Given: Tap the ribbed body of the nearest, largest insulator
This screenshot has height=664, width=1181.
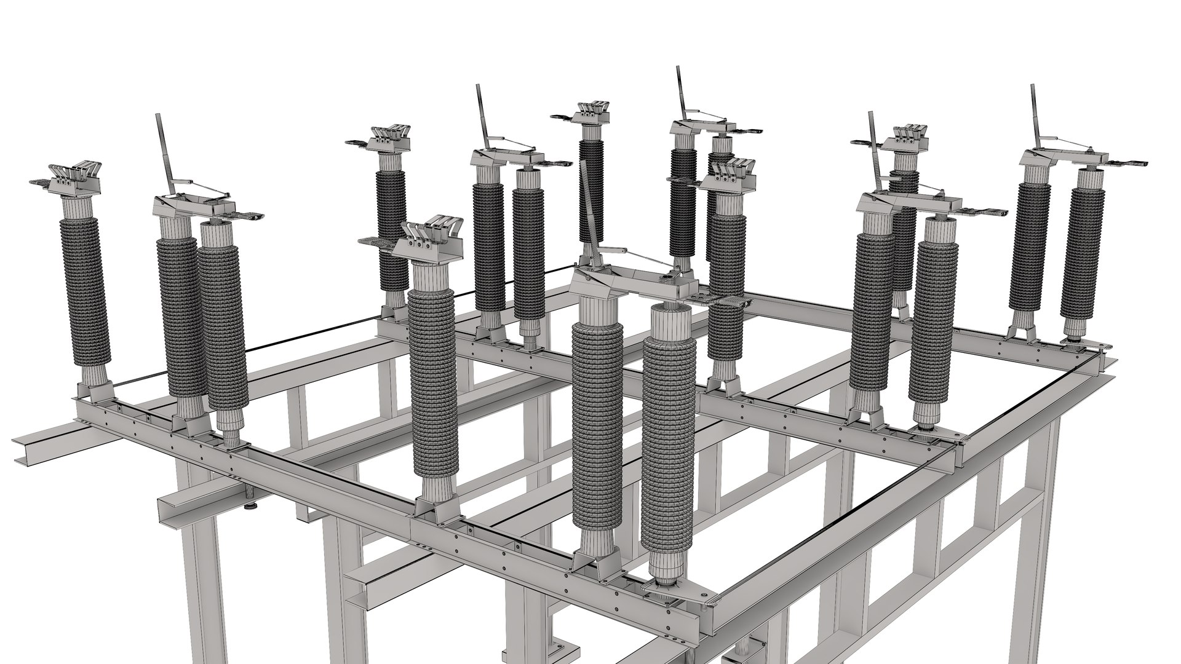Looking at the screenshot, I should click(667, 443).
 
